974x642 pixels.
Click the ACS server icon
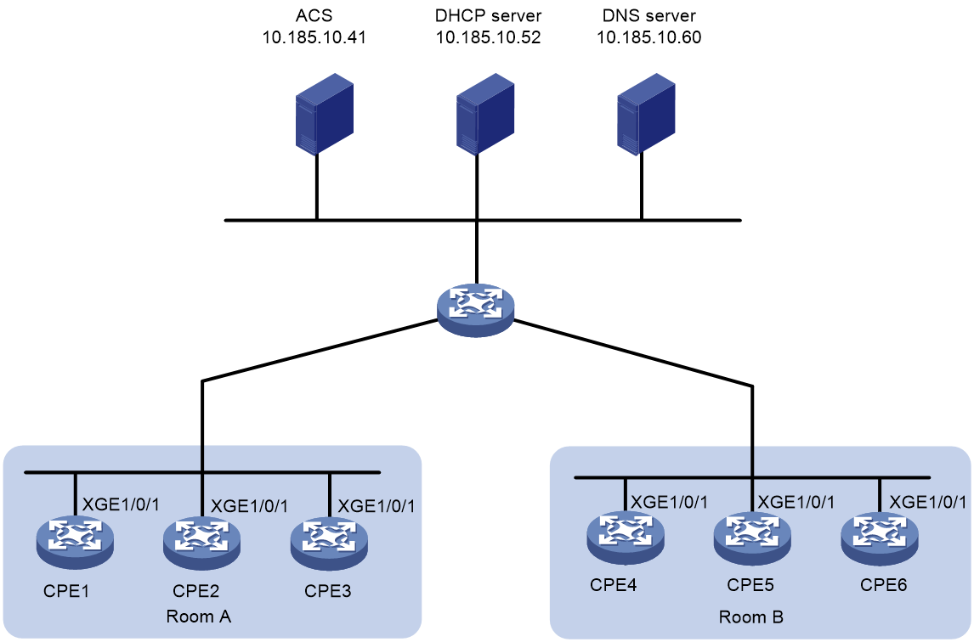coord(325,113)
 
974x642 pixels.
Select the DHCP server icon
coord(485,113)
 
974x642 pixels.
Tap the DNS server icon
coord(646,113)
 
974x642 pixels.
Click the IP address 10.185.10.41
coord(314,37)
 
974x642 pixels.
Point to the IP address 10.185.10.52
coord(488,37)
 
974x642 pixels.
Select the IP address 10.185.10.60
coord(649,37)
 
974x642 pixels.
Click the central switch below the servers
coord(476,310)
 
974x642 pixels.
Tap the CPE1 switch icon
coord(75,542)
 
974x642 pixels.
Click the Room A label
coord(199,617)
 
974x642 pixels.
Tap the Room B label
coord(751,617)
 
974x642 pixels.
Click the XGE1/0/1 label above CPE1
coord(121,504)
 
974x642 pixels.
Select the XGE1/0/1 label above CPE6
coord(928,502)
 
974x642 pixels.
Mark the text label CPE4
coord(613,585)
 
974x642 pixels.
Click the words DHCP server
coord(488,15)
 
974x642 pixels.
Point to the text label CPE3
coord(327,590)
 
